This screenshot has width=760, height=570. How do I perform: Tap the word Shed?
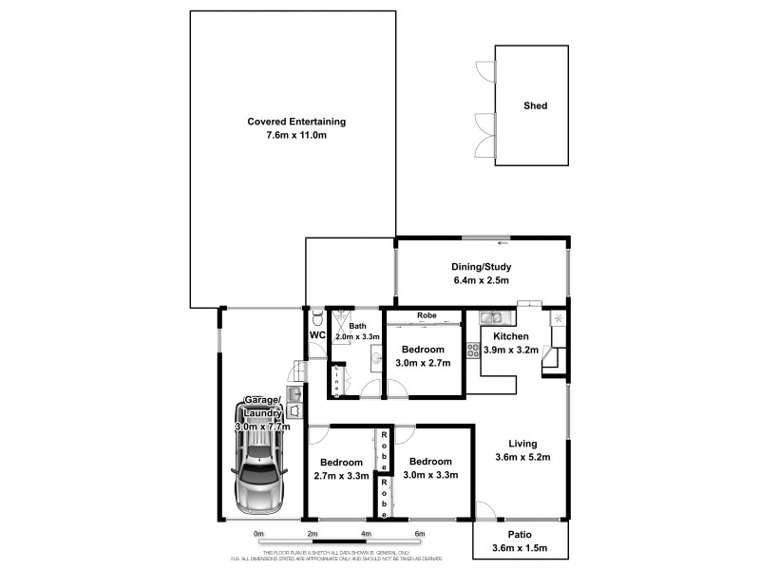coord(536,106)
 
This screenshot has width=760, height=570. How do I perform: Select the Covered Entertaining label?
coord(296,122)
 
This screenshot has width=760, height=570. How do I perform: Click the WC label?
coord(317,336)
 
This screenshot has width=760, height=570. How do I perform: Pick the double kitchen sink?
coord(491,317)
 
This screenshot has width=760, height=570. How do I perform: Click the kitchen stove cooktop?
coord(473,350)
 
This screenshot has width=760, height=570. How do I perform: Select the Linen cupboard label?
coord(337,380)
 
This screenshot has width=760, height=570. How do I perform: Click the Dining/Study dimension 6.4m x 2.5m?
coord(482,281)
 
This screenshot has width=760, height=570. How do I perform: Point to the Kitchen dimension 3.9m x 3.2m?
coord(510,350)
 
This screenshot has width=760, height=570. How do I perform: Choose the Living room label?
coord(522,444)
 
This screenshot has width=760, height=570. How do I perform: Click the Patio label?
coord(520,534)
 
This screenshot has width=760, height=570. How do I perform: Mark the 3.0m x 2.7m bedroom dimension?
coord(423,363)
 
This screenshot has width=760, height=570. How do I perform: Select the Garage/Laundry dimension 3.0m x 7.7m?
coord(262,427)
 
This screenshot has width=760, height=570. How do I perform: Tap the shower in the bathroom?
coord(341,319)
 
